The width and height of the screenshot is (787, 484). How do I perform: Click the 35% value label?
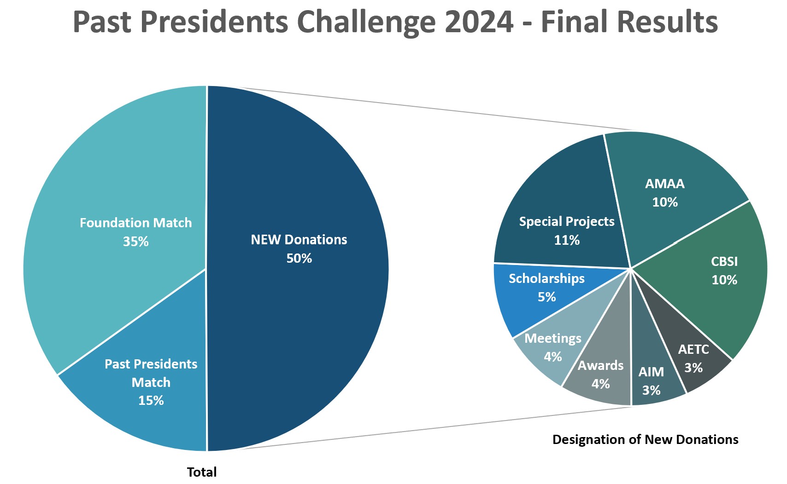point(135,242)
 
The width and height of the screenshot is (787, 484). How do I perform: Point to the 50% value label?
point(299,259)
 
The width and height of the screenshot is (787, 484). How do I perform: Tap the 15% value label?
point(151,401)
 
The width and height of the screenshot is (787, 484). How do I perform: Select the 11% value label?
point(566,240)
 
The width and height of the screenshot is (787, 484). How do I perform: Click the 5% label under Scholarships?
point(546,297)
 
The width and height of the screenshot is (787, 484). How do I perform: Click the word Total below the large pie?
point(201,472)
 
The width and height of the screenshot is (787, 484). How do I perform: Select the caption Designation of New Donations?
point(645,440)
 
